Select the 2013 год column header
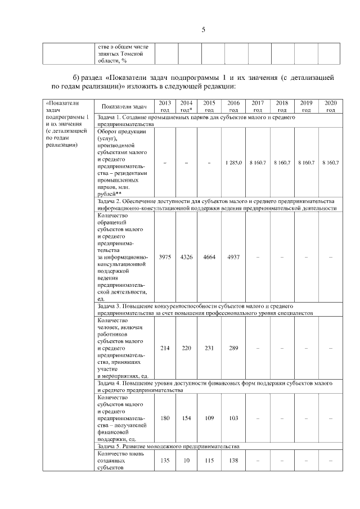tap(165, 106)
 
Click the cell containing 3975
tap(165, 257)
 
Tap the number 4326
tap(186, 257)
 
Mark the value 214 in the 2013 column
tap(165, 348)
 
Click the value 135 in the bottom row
tap(165, 460)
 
